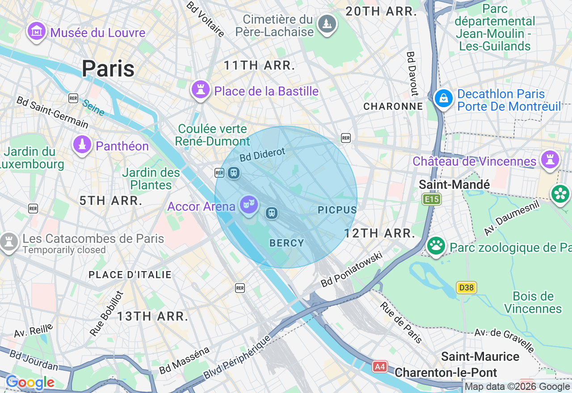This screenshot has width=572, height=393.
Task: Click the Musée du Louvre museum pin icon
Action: coord(37,31)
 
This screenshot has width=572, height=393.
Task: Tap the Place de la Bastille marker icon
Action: coord(201,90)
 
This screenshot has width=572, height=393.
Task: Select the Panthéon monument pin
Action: coord(82,145)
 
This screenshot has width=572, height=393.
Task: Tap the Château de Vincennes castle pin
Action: coord(550,159)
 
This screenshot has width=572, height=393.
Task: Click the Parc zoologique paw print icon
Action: coord(436,245)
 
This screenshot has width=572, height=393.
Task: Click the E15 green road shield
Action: coord(432,199)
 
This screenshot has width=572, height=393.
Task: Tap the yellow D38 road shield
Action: coord(466,288)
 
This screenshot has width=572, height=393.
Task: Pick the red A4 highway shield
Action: coord(379,367)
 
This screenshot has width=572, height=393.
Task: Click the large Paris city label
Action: coord(108,69)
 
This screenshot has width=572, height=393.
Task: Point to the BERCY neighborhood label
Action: coord(287,243)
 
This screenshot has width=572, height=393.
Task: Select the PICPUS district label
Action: coord(337,210)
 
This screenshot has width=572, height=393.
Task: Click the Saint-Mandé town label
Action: coord(454,184)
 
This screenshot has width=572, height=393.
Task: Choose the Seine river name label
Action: coord(93,107)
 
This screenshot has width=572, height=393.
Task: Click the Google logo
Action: coord(30,382)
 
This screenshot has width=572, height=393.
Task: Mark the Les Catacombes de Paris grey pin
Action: coord(8,241)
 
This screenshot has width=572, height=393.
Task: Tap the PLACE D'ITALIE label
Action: coord(130,275)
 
